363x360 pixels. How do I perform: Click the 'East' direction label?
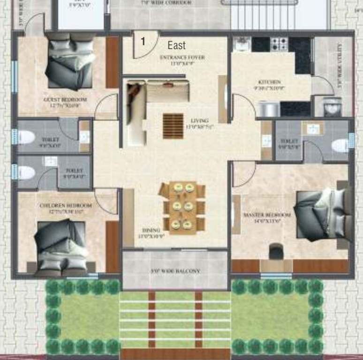177,45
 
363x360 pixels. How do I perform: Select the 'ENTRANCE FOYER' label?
182,58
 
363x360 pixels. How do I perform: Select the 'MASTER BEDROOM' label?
267,215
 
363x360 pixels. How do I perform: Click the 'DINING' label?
151,230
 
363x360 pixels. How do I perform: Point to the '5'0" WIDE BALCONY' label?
175,271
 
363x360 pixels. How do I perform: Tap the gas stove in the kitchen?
280,44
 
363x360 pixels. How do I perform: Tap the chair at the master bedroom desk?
276,251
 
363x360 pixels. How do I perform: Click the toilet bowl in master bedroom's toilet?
340,145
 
